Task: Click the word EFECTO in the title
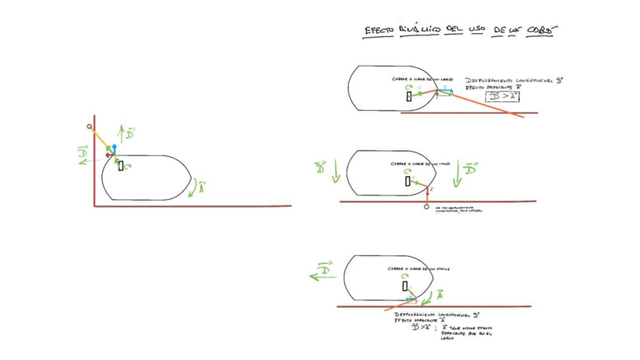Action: point(377,31)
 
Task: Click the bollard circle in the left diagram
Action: point(90,126)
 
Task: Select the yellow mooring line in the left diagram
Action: point(101,140)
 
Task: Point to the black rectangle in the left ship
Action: point(121,166)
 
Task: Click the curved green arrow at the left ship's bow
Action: point(198,186)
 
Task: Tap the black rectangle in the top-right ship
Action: point(409,97)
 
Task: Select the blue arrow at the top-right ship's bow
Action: point(445,90)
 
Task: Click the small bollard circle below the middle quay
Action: point(427,207)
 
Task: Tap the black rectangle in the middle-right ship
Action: point(408,181)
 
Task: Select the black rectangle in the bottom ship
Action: point(405,286)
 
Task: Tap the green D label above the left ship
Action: point(131,133)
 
